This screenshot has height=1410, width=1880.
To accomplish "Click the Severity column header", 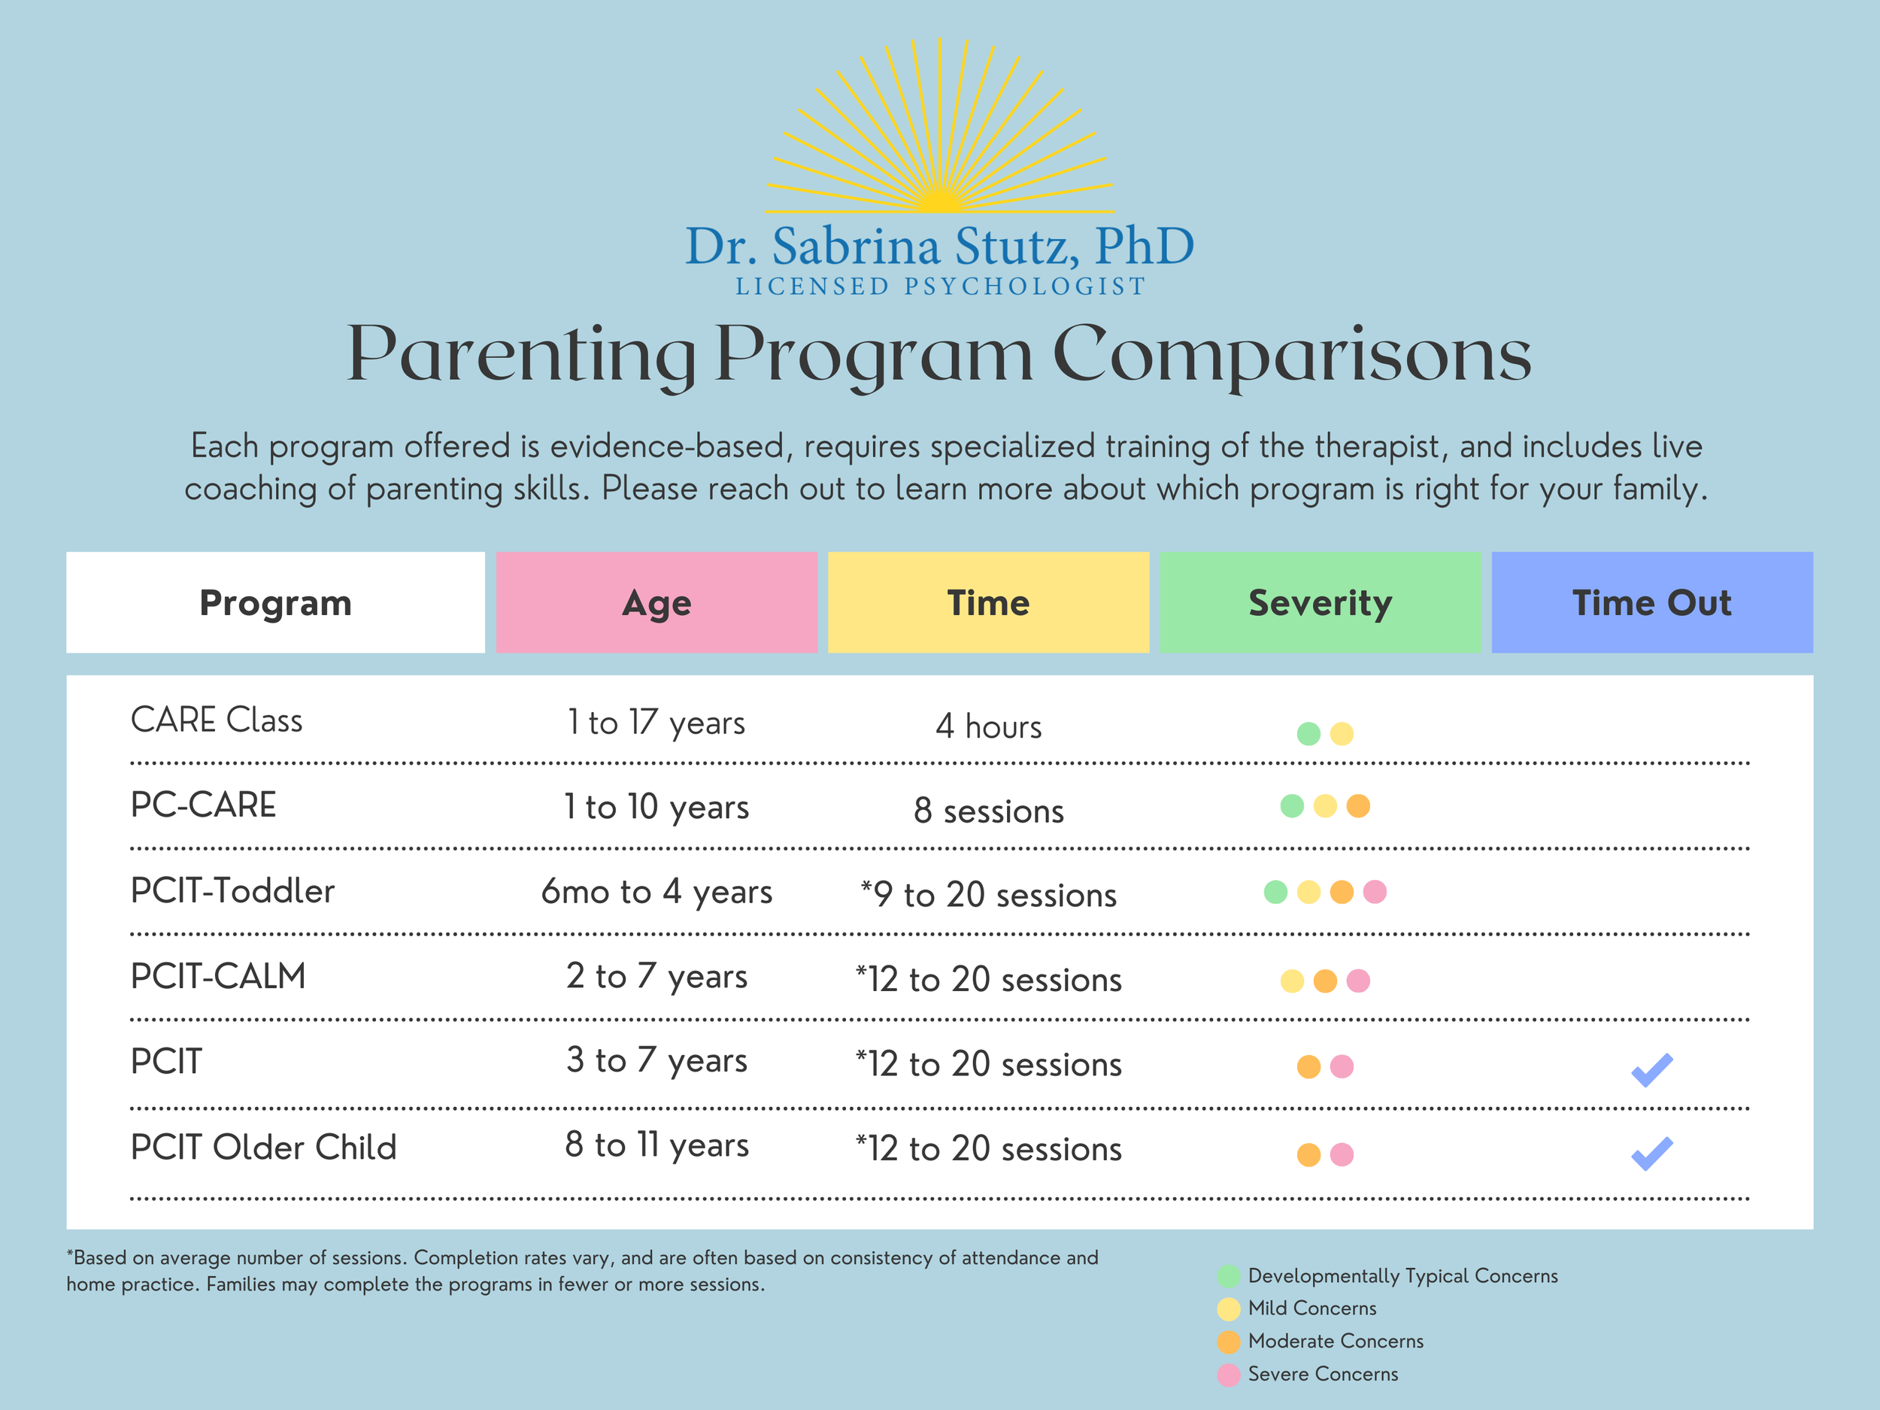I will [x=1320, y=602].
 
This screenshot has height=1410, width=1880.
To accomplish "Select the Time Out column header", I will [x=1651, y=602].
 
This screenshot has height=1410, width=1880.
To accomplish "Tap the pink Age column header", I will [x=656, y=602].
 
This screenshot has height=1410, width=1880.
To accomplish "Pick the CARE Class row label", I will [x=217, y=720].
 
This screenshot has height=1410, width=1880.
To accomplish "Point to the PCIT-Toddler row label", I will [x=232, y=890].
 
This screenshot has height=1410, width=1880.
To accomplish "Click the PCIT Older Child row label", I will [x=263, y=1147].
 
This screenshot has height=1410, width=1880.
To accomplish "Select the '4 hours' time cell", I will [x=988, y=726].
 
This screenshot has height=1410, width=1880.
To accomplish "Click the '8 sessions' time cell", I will [x=988, y=811].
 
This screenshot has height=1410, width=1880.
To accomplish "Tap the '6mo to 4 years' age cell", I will [x=656, y=892].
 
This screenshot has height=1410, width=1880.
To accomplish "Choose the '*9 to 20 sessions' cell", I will [x=988, y=894].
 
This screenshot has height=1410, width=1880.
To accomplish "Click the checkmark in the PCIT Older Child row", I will [x=1651, y=1154].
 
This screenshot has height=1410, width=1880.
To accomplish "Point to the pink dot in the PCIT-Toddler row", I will [x=1375, y=892].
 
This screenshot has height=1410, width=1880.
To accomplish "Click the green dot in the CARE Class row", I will [x=1308, y=733].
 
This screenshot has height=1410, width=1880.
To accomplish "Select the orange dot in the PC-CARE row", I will [x=1358, y=805].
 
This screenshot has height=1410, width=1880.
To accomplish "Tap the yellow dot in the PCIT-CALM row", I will [x=1292, y=981].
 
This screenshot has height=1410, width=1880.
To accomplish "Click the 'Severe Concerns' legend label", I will [x=1323, y=1373].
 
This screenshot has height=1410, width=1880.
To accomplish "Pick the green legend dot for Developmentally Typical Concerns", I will [x=1228, y=1275].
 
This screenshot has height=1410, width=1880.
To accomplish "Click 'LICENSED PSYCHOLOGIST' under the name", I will [x=940, y=287].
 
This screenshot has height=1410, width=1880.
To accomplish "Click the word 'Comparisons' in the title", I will [x=1292, y=355].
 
